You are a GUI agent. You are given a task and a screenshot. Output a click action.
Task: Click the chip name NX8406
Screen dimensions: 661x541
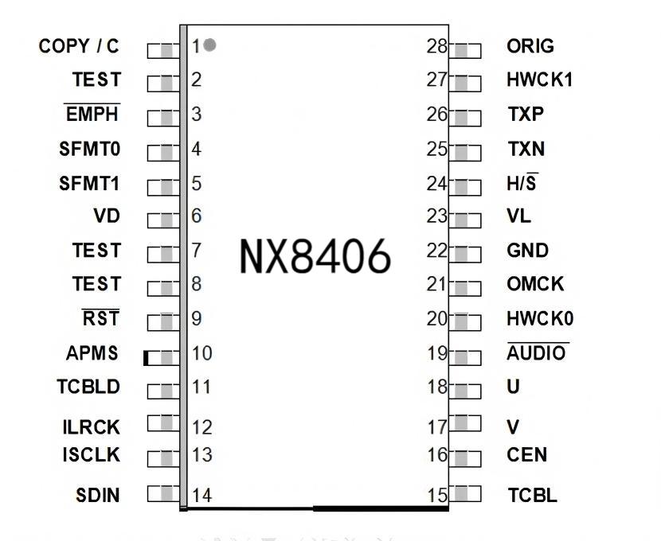tap(315, 256)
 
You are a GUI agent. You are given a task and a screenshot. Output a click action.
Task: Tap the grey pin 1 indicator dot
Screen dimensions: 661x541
tap(209, 45)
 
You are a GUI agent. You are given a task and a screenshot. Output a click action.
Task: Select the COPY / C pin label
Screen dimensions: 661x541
tap(79, 46)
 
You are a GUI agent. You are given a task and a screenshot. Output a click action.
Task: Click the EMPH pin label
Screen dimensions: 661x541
tap(92, 115)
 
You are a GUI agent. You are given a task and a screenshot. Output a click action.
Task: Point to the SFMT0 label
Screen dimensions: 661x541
tap(89, 149)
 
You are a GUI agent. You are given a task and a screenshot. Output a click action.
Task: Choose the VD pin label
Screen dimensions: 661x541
tap(106, 216)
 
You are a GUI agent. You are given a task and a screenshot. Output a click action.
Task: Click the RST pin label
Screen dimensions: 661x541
tap(101, 319)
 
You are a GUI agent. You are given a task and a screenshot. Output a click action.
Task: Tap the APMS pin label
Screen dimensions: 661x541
tap(92, 352)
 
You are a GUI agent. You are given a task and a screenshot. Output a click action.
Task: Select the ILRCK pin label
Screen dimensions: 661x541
tap(91, 427)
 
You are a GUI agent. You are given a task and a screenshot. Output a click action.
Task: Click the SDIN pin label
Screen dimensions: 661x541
tap(98, 496)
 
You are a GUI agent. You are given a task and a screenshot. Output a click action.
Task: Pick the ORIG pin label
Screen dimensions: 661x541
tap(530, 46)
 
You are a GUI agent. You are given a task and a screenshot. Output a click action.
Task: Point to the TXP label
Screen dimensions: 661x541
tap(526, 115)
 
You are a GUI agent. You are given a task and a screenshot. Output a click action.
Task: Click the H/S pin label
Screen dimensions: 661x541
tap(522, 184)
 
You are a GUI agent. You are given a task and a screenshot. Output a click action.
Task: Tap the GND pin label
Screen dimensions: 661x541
tap(528, 251)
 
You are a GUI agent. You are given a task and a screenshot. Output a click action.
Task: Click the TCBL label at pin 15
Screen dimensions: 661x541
tap(532, 496)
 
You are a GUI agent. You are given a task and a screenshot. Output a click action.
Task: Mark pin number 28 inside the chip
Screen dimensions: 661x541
tap(437, 46)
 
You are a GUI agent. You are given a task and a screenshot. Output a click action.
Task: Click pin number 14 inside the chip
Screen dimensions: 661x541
tap(201, 496)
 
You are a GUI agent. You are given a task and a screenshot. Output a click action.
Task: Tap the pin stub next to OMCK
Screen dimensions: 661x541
tap(466, 285)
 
